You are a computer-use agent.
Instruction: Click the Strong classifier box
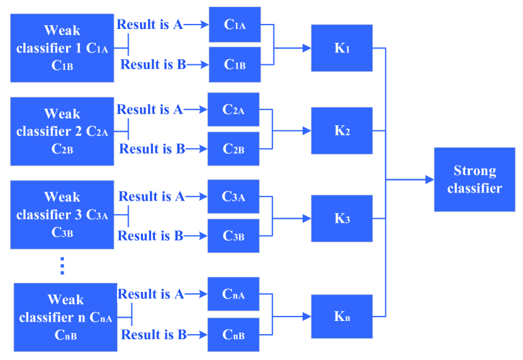pyautogui.click(x=475, y=179)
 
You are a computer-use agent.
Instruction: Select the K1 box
pyautogui.click(x=342, y=48)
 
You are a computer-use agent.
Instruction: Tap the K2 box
pyautogui.click(x=342, y=131)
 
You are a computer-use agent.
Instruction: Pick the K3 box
pyautogui.click(x=342, y=218)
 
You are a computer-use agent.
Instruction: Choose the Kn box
pyautogui.click(x=342, y=316)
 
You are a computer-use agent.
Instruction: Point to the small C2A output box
pyautogui.click(x=233, y=110)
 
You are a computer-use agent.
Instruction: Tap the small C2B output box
pyautogui.click(x=233, y=149)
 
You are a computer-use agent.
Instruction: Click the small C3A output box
pyautogui.click(x=233, y=197)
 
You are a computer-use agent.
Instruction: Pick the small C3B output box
pyautogui.click(x=233, y=236)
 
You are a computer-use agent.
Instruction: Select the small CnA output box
pyautogui.click(x=233, y=294)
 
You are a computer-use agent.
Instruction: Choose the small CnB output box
pyautogui.click(x=233, y=335)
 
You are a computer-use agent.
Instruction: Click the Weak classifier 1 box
pyautogui.click(x=62, y=48)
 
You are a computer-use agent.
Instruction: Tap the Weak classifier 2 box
pyautogui.click(x=62, y=131)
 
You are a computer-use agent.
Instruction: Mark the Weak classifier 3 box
pyautogui.click(x=62, y=215)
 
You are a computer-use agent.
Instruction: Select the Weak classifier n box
pyautogui.click(x=65, y=317)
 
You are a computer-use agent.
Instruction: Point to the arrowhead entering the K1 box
pyautogui.click(x=306, y=48)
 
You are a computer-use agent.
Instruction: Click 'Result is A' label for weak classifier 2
pyautogui.click(x=150, y=110)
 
